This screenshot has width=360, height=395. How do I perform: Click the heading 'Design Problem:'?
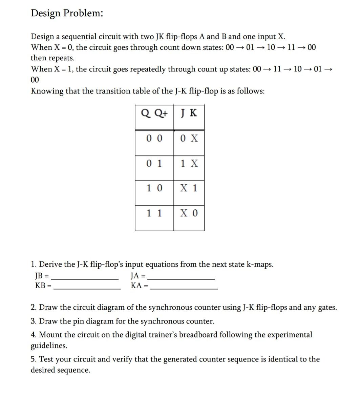(x=67, y=13)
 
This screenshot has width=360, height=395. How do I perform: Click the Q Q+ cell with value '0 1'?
(x=154, y=164)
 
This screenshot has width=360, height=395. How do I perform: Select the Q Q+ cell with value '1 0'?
(x=154, y=188)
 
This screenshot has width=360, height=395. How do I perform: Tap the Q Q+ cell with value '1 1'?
(x=154, y=213)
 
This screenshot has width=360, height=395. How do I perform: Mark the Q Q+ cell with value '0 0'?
(x=154, y=138)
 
